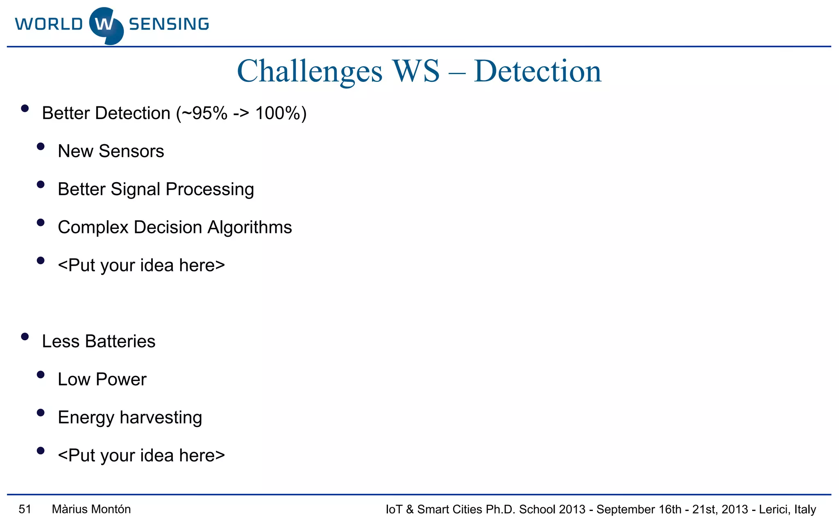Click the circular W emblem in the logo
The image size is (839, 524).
pyautogui.click(x=106, y=25)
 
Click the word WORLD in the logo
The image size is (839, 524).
pyautogui.click(x=49, y=24)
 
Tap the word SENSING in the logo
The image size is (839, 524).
pyautogui.click(x=169, y=24)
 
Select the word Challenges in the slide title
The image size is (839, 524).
pyautogui.click(x=310, y=72)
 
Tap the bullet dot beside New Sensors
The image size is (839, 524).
pyautogui.click(x=41, y=147)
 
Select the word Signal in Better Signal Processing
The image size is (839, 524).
pyautogui.click(x=135, y=190)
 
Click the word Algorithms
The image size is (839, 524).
pyautogui.click(x=249, y=227)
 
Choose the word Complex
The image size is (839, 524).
pyautogui.click(x=93, y=228)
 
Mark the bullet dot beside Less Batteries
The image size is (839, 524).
pyautogui.click(x=25, y=337)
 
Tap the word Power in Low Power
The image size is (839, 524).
pyautogui.click(x=121, y=379)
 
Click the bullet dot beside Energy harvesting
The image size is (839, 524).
pyautogui.click(x=41, y=413)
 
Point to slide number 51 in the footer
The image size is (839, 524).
pyautogui.click(x=25, y=509)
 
